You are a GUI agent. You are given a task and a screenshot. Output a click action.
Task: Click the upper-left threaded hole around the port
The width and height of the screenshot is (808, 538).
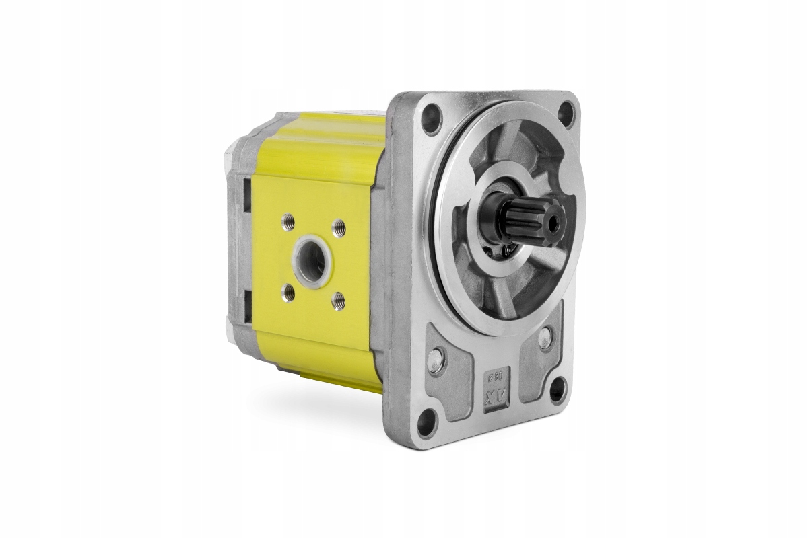pos(289,219)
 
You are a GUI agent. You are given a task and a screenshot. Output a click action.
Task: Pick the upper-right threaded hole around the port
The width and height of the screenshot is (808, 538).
pos(339,225)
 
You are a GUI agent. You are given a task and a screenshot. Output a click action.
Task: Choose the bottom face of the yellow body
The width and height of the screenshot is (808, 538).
pos(323,367)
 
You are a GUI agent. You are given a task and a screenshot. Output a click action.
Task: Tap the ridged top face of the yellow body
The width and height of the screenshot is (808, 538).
pos(316,145)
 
